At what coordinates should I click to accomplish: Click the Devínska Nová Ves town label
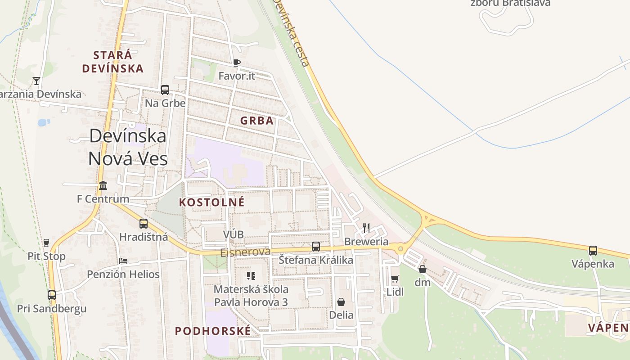128,147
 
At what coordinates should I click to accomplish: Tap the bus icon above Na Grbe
165,90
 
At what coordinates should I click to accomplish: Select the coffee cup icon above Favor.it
237,63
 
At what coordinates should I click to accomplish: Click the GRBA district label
257,121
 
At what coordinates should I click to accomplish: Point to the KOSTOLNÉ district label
212,202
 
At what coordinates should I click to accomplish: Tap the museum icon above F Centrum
103,185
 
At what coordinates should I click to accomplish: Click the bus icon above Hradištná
144,223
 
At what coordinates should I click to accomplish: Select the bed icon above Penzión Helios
123,261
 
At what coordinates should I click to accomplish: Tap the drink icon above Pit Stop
46,243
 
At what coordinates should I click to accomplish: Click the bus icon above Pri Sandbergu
52,295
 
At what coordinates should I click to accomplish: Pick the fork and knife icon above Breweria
366,228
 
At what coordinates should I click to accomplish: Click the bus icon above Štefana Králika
316,246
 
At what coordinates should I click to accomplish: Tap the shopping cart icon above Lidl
395,279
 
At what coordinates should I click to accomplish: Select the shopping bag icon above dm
423,269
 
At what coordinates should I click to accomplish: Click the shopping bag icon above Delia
341,301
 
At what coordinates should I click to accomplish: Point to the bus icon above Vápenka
593,250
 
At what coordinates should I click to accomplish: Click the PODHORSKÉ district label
213,331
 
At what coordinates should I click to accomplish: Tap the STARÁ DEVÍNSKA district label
113,62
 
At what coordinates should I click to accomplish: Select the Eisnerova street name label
245,252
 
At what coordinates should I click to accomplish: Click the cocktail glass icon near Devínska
36,81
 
